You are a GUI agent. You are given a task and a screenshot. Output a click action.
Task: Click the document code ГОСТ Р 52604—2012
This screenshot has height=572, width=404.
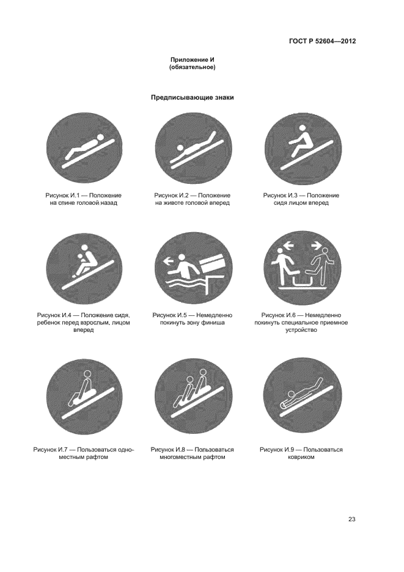tap(322, 41)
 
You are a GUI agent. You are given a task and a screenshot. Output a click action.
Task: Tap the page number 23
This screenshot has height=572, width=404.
tap(352, 519)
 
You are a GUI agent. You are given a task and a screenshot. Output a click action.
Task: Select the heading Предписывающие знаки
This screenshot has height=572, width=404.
tap(193, 98)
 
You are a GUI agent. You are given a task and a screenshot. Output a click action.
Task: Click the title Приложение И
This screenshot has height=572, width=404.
tap(193, 60)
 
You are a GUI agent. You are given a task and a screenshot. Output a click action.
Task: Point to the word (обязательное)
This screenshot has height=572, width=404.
tap(193, 67)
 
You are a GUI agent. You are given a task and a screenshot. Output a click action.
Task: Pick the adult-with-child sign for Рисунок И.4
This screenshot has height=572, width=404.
tap(85, 270)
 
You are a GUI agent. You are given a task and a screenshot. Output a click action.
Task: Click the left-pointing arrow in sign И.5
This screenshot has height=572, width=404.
tap(168, 261)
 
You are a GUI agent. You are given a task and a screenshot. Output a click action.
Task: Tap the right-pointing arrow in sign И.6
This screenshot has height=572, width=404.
tap(315, 246)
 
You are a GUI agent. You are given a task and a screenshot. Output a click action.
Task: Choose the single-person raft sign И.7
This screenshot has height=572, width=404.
tap(85, 397)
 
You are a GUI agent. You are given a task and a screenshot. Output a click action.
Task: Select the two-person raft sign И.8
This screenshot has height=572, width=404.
tap(193, 397)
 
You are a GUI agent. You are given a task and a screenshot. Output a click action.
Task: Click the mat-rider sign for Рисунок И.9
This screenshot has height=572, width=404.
tap(303, 397)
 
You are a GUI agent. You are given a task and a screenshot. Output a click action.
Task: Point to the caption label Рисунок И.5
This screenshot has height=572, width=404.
tap(169, 315)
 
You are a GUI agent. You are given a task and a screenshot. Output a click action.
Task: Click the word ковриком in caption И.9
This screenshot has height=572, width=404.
tap(301, 457)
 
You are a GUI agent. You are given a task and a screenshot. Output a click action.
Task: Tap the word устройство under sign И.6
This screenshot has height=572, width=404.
tap(301, 330)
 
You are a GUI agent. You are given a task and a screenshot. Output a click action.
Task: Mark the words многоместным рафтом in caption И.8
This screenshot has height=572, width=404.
tap(193, 457)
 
